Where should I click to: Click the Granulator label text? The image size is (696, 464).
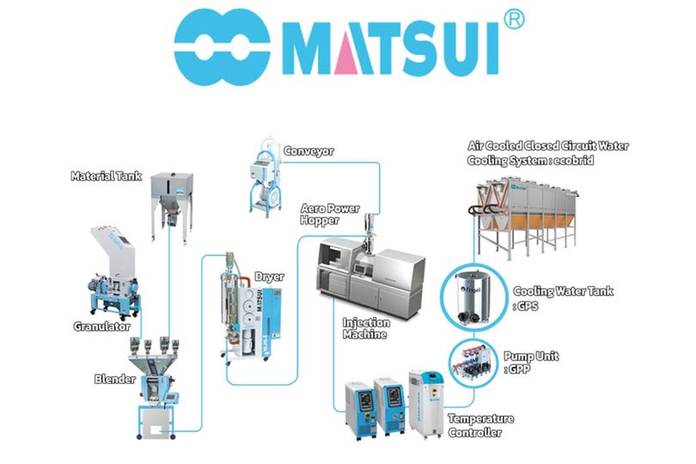coord(101,327)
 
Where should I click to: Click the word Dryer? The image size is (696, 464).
coord(268,277)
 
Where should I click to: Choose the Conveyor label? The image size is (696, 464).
coord(310,151)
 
